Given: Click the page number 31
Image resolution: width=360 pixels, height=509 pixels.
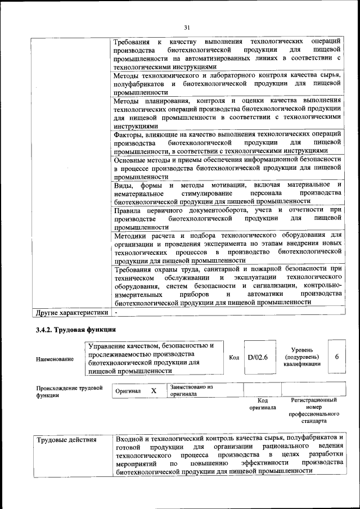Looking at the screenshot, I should coord(187,27).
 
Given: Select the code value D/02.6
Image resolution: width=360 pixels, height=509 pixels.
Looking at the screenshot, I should coord(258,357).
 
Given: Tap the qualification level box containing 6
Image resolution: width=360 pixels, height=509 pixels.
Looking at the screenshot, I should coord(336,357).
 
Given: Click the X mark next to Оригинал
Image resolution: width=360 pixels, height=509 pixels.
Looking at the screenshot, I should coord(154,390).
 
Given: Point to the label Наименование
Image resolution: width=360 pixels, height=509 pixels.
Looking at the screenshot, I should coord(55,358).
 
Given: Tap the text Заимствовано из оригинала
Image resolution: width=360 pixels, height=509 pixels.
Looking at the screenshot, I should coord(191,390).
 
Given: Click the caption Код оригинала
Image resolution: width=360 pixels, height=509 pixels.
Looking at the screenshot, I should coord(263,404).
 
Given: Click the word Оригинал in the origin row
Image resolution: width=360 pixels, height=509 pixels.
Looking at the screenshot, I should coord(128,391).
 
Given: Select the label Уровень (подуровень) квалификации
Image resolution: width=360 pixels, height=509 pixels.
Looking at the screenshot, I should coord(302,357).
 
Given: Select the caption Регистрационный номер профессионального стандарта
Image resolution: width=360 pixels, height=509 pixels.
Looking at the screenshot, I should coord(313,410).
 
